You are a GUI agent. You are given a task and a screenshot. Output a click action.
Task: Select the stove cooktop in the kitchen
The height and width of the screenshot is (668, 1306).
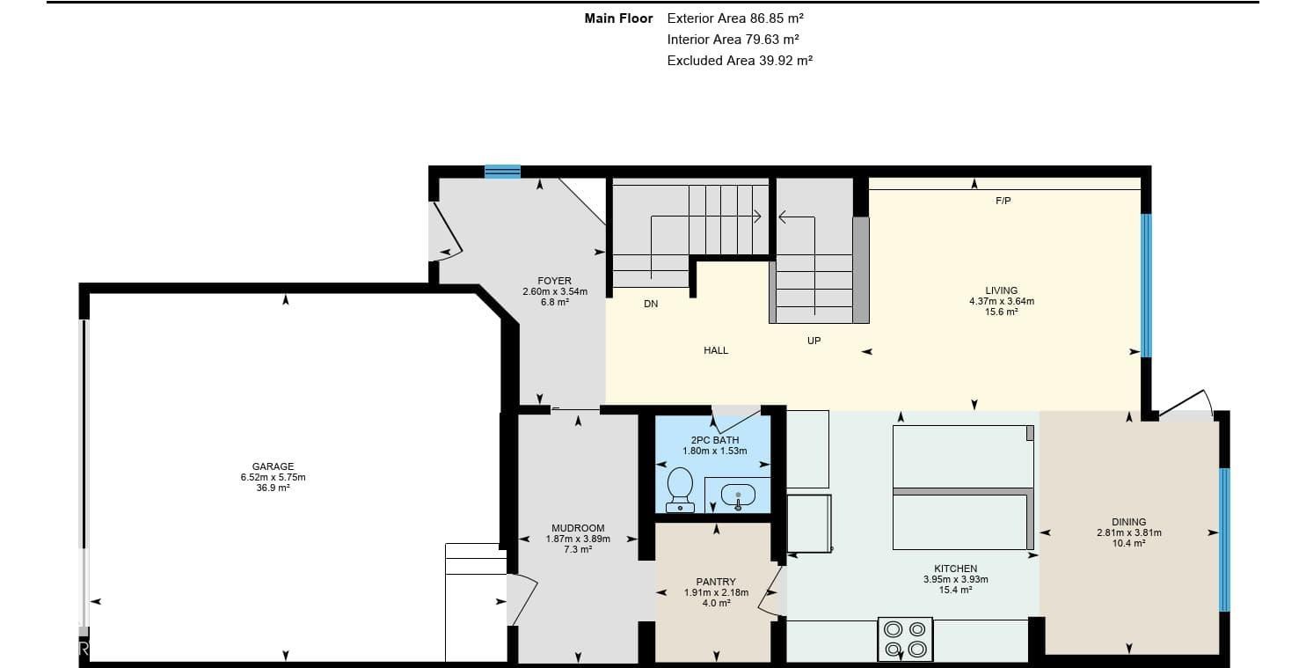point(905,639)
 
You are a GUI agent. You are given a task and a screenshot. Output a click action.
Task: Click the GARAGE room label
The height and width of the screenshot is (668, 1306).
point(273,466)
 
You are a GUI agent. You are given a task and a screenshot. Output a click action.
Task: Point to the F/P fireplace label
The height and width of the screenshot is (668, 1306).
point(1003,201)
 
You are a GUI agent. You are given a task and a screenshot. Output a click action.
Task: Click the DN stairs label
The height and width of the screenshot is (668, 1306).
point(651,304)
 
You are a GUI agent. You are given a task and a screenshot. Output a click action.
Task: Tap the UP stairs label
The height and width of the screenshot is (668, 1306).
point(814,341)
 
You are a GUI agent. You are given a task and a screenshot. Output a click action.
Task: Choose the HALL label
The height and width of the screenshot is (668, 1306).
point(716,350)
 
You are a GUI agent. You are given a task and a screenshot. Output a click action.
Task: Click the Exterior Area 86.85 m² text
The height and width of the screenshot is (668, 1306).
point(736,18)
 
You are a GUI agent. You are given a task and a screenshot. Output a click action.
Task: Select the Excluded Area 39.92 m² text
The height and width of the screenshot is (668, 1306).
point(740,60)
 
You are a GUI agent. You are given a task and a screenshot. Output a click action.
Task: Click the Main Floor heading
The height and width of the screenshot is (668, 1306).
point(618,18)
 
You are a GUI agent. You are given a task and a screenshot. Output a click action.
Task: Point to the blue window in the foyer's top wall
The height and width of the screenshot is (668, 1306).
point(502,171)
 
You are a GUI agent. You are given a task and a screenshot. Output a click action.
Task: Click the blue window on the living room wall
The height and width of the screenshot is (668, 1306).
point(1146,285)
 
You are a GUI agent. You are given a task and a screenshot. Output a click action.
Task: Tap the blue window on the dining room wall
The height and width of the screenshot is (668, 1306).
point(1224,540)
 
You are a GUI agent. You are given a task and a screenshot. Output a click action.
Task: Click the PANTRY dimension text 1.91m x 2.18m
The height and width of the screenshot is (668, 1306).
point(716,592)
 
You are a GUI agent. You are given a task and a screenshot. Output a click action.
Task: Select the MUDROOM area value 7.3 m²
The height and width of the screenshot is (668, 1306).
point(578,549)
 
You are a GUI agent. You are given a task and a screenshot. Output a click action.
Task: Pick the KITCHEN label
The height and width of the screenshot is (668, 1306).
point(956,569)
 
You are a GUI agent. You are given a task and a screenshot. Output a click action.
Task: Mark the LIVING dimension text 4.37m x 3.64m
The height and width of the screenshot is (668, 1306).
point(1002,301)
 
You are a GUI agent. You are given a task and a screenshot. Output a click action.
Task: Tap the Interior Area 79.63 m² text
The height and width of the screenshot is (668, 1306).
point(733,39)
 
